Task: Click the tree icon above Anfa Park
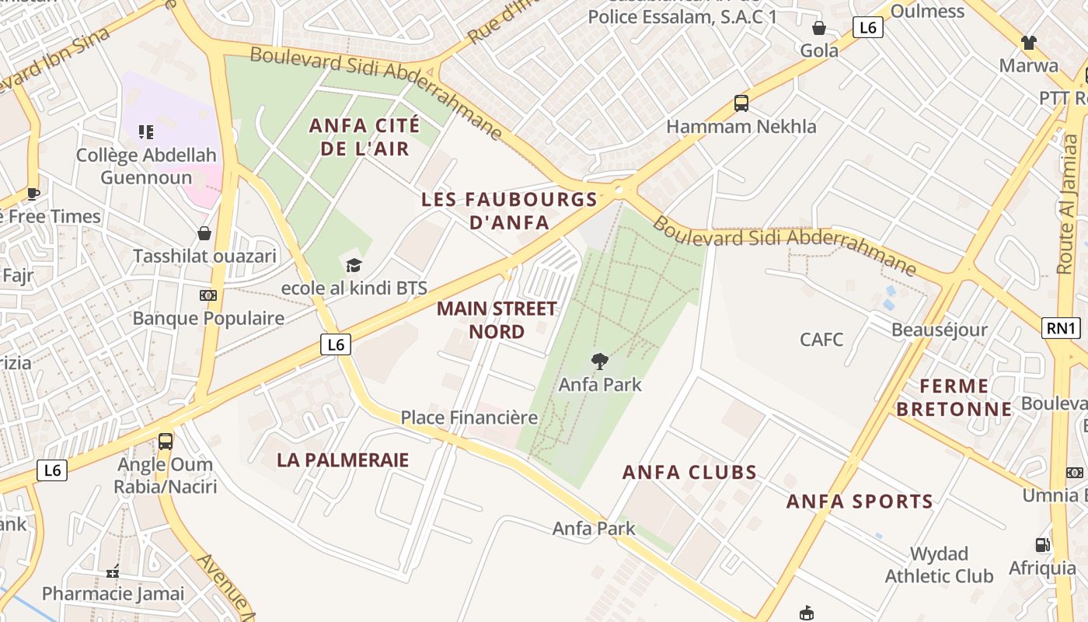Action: tap(599, 361)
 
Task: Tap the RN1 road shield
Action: tap(1062, 328)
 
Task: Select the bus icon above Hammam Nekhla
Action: tap(741, 103)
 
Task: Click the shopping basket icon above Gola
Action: tap(819, 29)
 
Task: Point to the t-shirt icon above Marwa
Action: tap(1029, 42)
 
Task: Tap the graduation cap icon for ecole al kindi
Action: tap(354, 265)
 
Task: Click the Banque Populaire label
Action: tap(208, 318)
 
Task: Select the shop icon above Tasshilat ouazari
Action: tap(204, 233)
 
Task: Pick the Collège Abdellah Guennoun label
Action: tap(146, 166)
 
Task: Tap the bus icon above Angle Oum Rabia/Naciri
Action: tap(166, 442)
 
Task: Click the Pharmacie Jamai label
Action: tap(113, 594)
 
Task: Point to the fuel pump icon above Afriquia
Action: tap(1042, 545)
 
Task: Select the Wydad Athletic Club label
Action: tap(939, 565)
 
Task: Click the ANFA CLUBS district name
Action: tap(689, 473)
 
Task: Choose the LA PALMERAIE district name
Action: tap(343, 460)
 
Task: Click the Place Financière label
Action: tap(469, 418)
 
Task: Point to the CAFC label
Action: tap(821, 339)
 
